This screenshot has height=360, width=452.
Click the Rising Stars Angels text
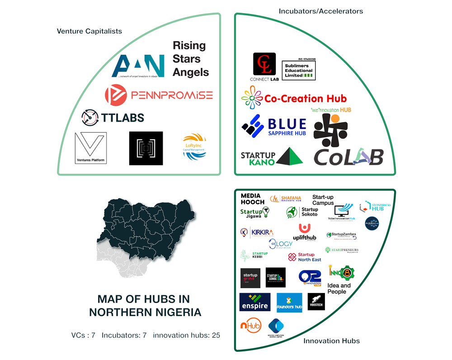click(190, 59)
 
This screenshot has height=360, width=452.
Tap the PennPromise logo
click(158, 95)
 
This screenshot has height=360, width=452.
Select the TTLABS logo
click(113, 118)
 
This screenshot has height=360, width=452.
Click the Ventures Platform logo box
click(91, 148)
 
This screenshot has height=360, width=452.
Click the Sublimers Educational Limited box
click(298, 71)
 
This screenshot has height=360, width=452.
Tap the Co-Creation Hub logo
click(294, 99)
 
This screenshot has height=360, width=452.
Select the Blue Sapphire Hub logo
click(274, 125)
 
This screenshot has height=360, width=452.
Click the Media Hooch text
click(252, 199)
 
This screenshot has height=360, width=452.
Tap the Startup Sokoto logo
click(302, 212)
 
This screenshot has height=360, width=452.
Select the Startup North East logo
click(305, 257)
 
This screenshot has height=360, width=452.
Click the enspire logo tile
click(254, 302)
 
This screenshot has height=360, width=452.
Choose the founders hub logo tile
click(289, 302)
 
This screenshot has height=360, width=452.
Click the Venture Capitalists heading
click(89, 31)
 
